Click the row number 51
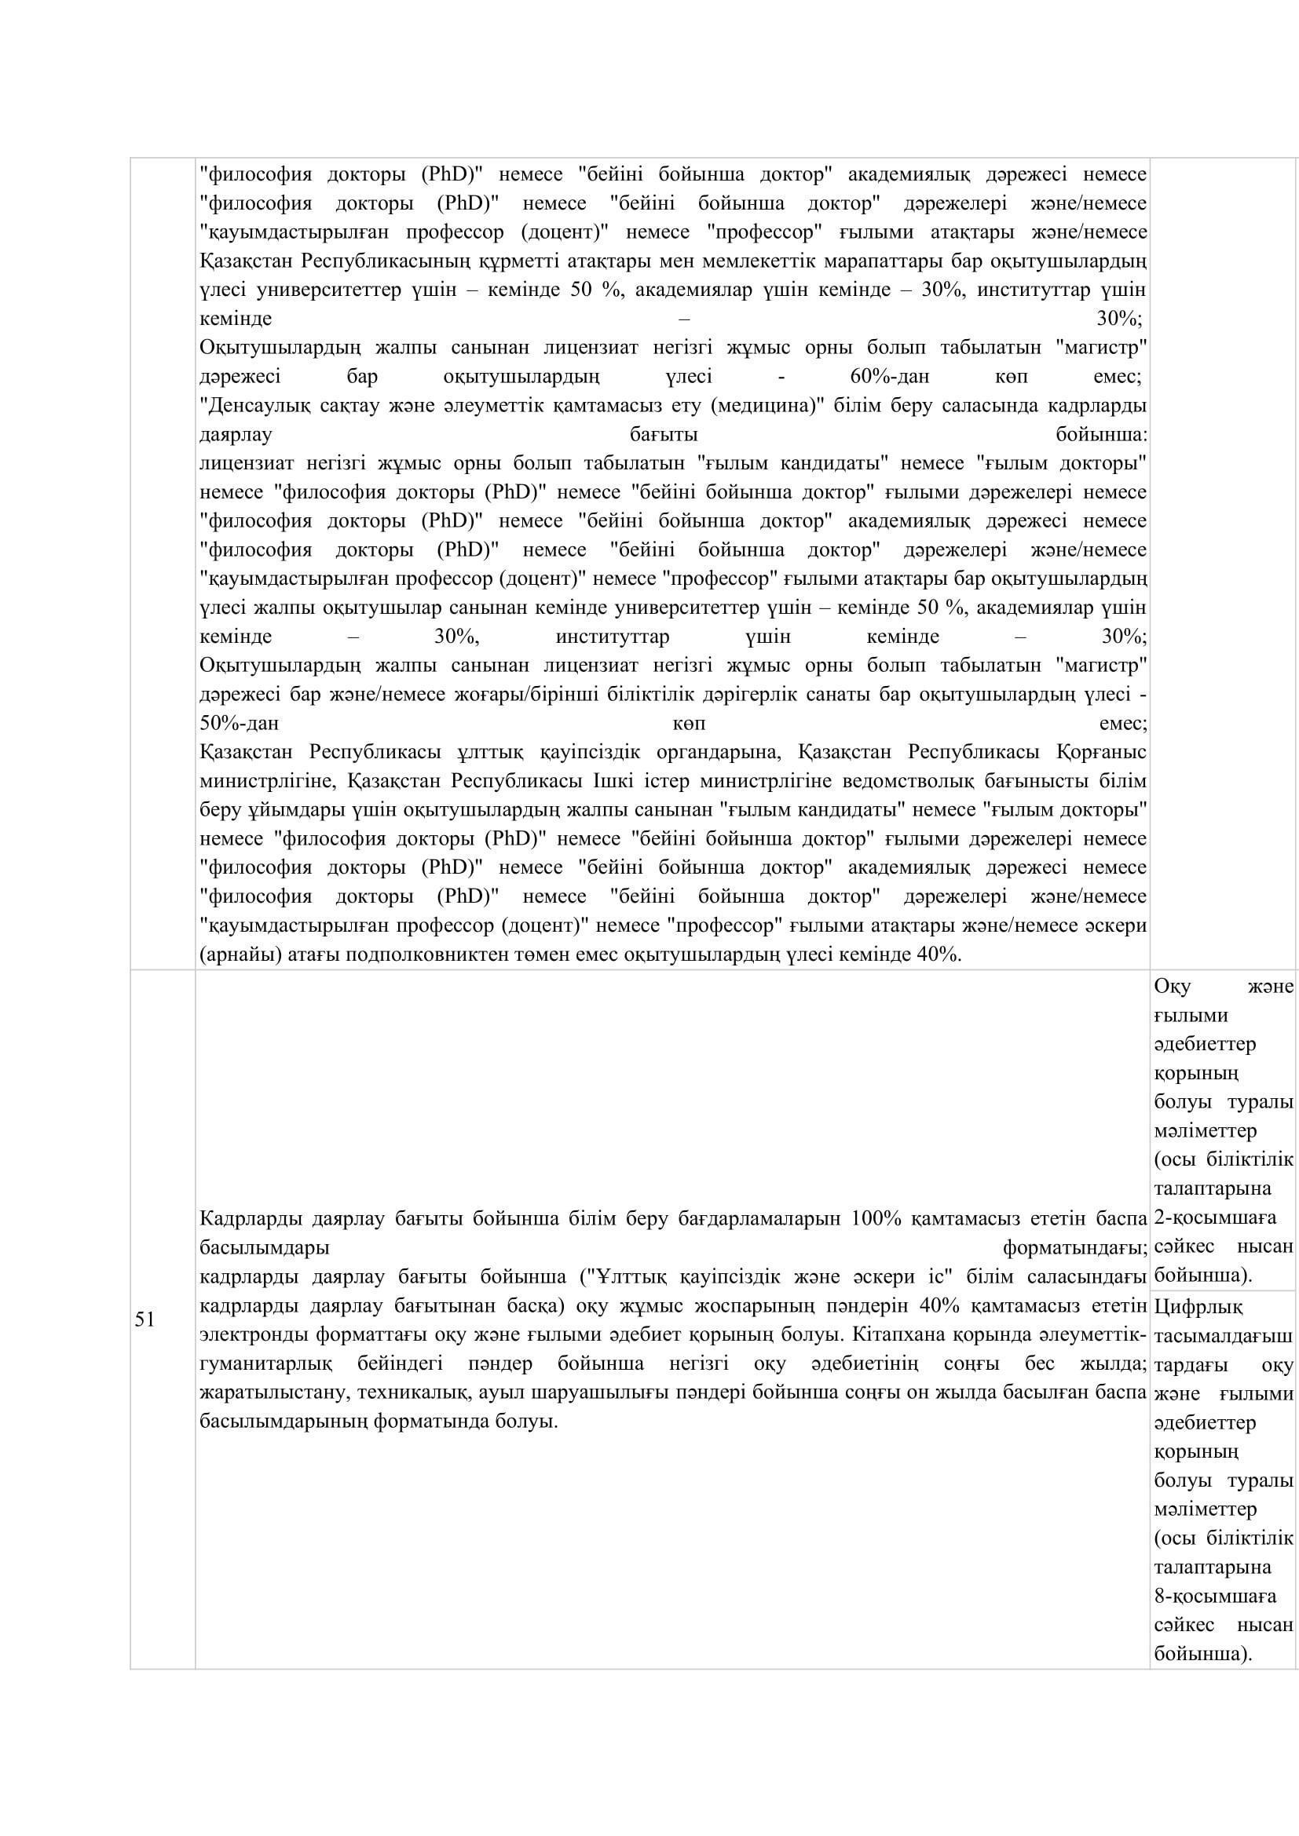[144, 1320]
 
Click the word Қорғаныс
[1102, 753]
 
